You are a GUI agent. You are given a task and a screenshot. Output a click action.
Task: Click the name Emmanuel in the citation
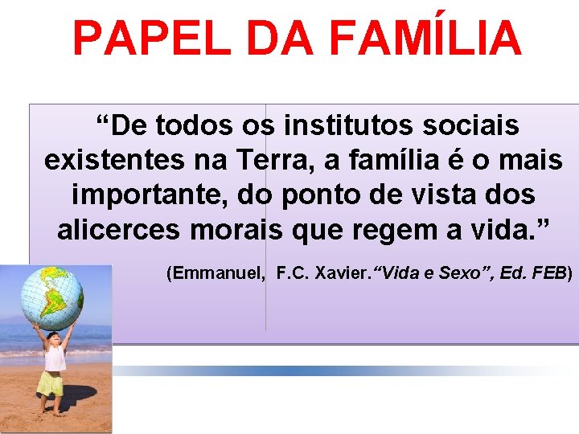(216, 273)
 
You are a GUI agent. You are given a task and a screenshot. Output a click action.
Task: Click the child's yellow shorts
(51, 384)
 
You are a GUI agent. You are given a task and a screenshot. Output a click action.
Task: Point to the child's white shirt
(55, 358)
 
